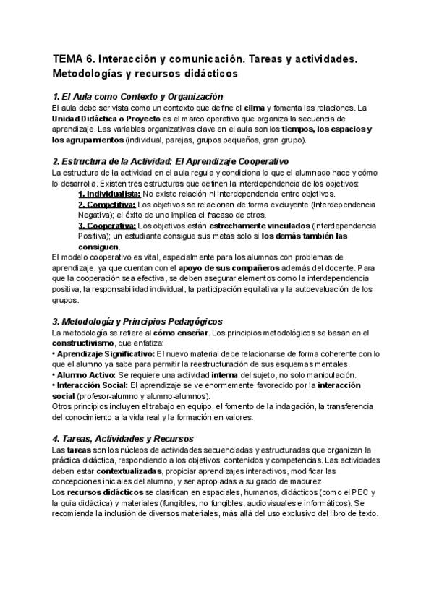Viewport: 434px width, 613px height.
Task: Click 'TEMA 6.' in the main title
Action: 73,60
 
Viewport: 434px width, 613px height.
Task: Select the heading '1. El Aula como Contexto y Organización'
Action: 138,96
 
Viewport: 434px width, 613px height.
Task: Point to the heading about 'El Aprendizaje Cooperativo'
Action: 171,161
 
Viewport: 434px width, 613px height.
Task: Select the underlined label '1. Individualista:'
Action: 109,194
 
